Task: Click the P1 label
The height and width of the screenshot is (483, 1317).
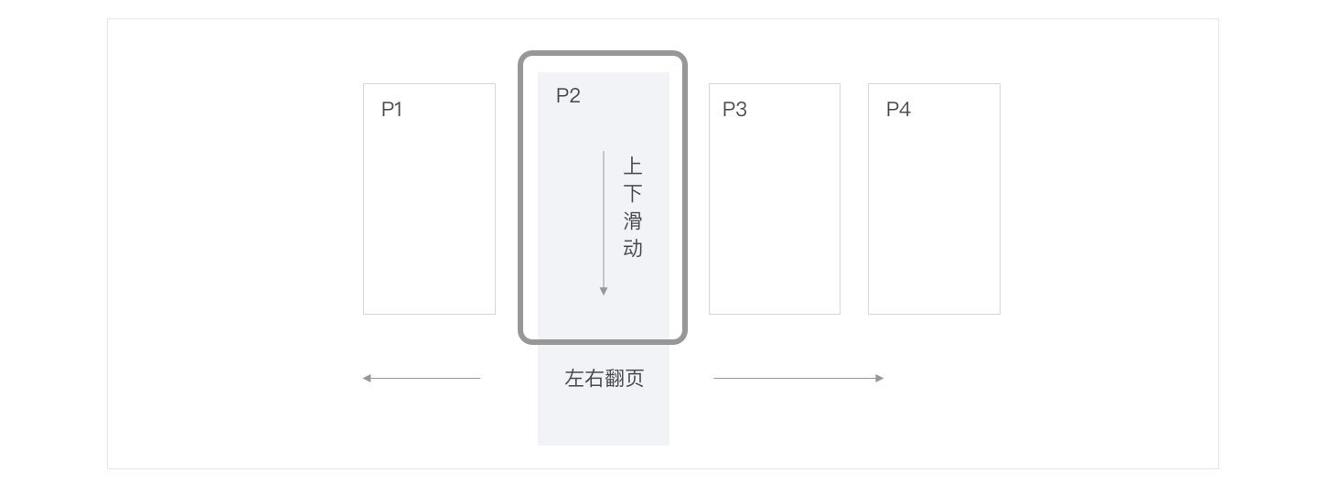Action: coord(391,110)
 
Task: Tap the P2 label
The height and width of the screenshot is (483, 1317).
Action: coord(568,95)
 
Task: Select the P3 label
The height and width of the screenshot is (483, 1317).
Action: coord(734,110)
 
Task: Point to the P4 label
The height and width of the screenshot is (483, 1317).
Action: coord(898,110)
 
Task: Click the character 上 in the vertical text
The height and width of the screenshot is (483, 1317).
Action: coord(633,166)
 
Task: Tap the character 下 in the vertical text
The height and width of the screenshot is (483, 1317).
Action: coord(633,194)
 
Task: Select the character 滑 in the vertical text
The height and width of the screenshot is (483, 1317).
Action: coord(633,221)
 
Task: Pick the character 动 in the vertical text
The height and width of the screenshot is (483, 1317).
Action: coord(633,249)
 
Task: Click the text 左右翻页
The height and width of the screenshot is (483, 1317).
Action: coord(604,379)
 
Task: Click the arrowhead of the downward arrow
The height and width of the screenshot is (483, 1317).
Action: coord(604,291)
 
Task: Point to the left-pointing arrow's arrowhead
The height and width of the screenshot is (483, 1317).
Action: coord(367,378)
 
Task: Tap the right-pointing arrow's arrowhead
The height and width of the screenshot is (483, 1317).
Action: coord(880,378)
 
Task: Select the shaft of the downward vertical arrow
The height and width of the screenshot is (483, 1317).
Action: coord(604,220)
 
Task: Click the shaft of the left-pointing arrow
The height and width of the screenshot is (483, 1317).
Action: coord(425,378)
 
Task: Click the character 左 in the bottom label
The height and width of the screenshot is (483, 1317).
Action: coord(574,379)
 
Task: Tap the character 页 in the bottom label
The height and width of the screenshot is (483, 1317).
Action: coord(634,379)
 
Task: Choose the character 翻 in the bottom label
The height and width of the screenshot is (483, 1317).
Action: coord(614,379)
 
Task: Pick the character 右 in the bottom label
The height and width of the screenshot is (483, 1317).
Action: coord(594,379)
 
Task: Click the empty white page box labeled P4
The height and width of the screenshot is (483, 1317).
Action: coord(934,220)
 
